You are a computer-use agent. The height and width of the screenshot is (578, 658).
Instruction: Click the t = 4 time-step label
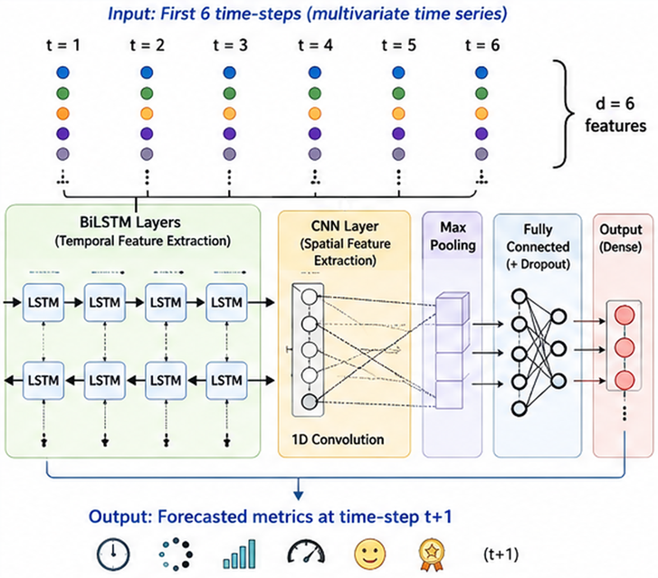pos(315,45)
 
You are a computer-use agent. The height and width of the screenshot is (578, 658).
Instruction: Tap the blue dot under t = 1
pos(62,72)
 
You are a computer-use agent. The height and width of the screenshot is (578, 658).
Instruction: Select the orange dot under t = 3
pos(230,113)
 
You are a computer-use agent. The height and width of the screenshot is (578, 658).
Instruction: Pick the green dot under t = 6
pos(482,93)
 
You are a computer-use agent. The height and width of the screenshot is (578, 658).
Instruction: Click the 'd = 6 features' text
pos(615,114)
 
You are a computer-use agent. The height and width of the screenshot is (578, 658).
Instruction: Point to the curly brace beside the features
pos(565,114)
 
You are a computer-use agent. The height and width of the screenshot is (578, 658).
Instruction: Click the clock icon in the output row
pos(113,554)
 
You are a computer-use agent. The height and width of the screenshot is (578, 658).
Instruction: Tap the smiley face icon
pos(369,554)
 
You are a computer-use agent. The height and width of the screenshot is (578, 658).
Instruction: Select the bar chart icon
pos(239,554)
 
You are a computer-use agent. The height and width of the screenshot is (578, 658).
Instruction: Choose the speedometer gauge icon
pos(306,551)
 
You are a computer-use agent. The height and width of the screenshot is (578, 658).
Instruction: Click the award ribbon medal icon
pos(432,554)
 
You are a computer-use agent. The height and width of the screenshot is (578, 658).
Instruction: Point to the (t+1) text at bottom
pos(501,554)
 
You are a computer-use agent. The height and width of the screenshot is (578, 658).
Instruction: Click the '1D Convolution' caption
pos(338,440)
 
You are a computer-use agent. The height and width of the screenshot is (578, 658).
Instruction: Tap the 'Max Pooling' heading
pos(453,236)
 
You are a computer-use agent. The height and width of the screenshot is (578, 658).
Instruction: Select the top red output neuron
pos(624,315)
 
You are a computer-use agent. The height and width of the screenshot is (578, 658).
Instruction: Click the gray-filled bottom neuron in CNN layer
pos(310,402)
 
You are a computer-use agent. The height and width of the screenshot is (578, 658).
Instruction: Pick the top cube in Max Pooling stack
pos(452,308)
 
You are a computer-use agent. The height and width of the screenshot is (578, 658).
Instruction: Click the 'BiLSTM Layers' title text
pos(130,223)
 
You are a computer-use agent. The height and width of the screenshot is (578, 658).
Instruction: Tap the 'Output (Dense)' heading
pos(621,238)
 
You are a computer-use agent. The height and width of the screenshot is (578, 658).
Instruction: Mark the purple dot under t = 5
pos(398,134)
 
